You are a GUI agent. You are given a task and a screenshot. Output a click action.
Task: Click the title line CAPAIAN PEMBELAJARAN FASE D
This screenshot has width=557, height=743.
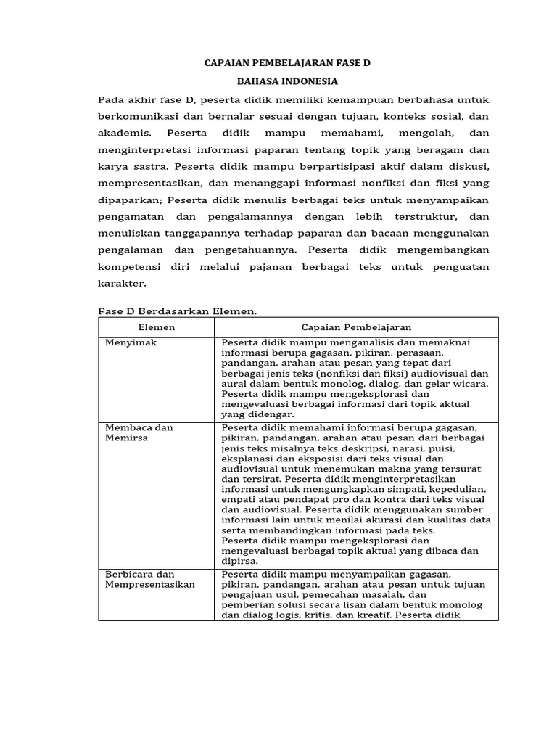point(286,64)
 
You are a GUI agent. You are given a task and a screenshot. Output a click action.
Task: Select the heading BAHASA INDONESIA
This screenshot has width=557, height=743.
point(287,81)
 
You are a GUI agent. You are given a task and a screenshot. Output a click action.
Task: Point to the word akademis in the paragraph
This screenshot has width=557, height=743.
point(124,133)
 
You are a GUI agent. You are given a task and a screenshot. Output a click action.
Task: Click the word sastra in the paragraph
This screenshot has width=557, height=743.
point(147,166)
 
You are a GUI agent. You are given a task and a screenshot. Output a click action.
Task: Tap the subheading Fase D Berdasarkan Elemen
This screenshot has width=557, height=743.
point(178,311)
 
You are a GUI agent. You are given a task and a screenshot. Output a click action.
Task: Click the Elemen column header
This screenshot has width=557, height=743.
point(156,327)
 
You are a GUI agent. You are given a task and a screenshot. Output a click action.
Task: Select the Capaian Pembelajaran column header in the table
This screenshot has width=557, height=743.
point(356,327)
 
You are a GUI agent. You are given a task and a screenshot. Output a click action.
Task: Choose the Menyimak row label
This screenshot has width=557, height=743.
point(131,342)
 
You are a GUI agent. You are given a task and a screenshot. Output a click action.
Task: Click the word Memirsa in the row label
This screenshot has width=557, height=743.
point(125,438)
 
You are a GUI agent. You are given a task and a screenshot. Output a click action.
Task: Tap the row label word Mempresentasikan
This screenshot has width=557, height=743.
point(150,584)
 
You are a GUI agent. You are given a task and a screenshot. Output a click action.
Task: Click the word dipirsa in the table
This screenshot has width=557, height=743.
point(239,560)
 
